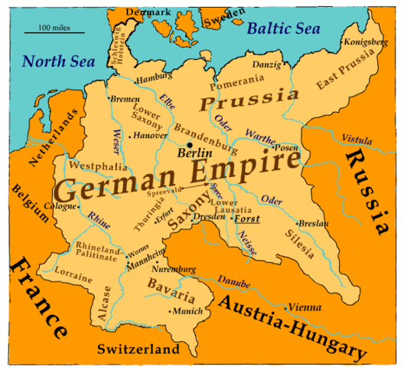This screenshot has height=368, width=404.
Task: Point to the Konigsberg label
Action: point(366,41)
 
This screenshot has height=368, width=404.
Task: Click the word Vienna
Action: point(305,307)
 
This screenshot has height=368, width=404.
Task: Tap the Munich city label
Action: point(187,311)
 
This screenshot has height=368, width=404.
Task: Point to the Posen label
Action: point(286,147)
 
